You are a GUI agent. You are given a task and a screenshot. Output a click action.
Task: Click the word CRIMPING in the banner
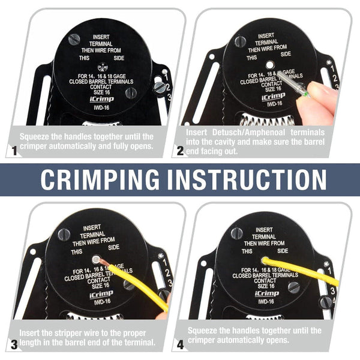[101, 179]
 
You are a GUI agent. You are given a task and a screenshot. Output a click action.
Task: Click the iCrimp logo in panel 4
[266, 293]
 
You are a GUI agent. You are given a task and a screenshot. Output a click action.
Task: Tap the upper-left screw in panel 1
[74, 39]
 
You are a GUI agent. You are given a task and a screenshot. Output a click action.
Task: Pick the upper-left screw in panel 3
[64, 234]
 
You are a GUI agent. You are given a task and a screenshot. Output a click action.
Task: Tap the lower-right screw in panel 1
[131, 93]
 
